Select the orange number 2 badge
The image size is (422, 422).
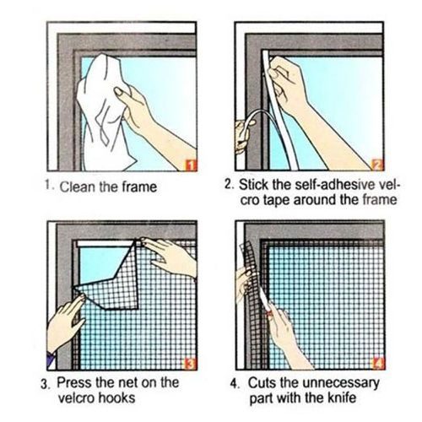[x=376, y=164]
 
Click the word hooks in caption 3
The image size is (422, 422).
[x=113, y=398]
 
